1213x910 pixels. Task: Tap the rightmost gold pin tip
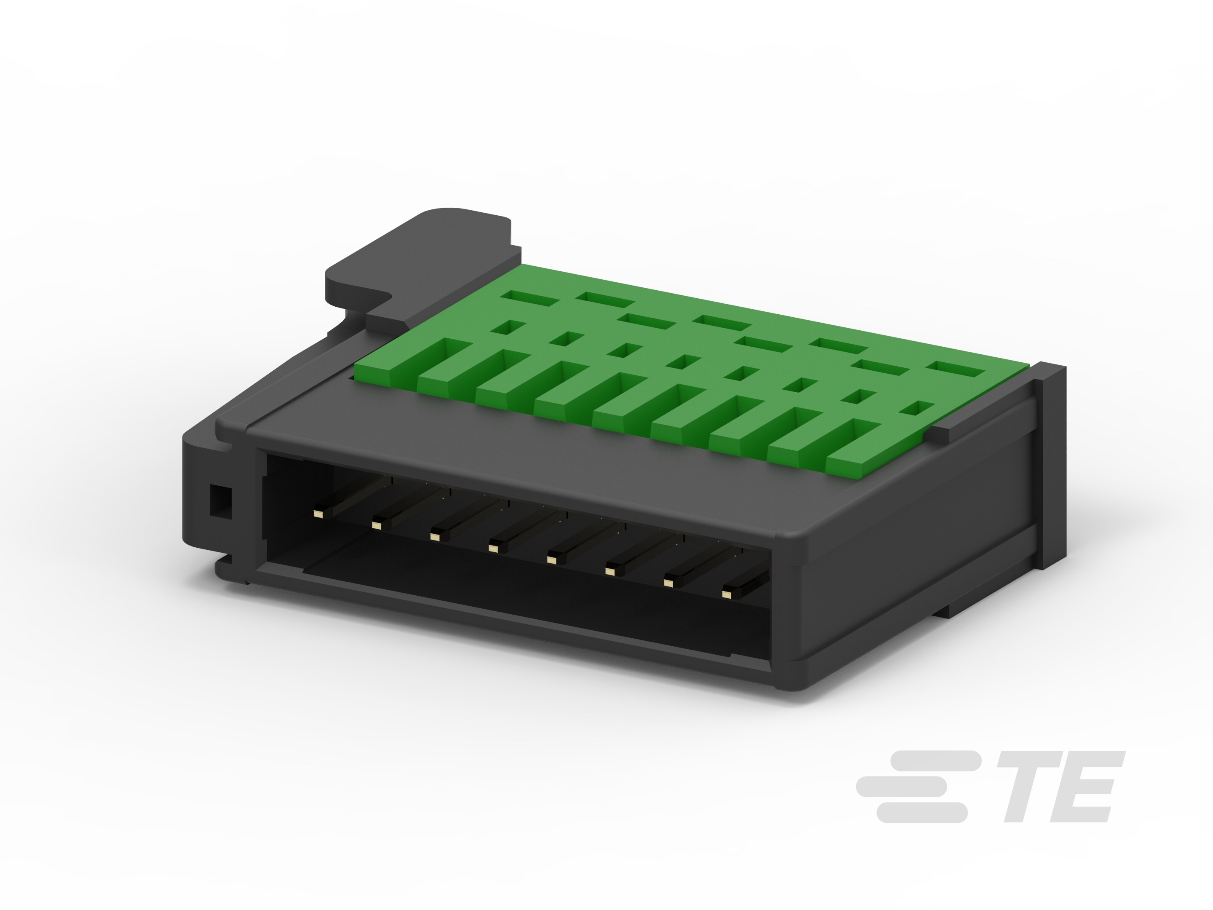[x=727, y=594]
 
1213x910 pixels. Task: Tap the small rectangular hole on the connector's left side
[x=220, y=501]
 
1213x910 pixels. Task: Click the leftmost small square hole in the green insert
[x=508, y=327]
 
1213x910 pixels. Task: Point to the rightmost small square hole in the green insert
[x=917, y=408]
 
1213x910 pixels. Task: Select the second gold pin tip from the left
[x=376, y=525]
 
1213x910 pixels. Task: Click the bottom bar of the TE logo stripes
[x=921, y=812]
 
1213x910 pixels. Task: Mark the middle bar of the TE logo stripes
[x=902, y=787]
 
